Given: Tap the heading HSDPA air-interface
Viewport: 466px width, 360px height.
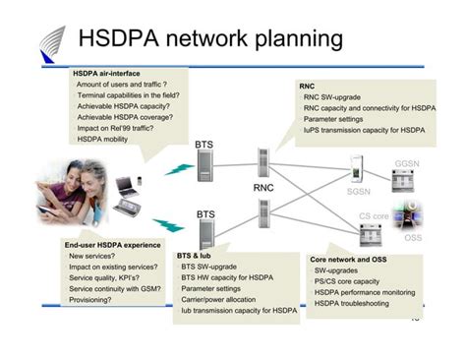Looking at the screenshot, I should click(106, 74).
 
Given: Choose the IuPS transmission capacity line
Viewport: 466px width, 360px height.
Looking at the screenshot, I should click(364, 130).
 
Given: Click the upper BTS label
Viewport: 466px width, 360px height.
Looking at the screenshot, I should click(204, 145).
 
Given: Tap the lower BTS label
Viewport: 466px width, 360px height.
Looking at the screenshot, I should click(204, 213).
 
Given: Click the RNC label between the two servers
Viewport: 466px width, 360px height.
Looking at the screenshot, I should click(263, 187).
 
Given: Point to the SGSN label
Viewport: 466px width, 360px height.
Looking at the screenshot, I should click(358, 193).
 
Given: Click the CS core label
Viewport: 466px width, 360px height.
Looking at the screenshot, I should click(374, 215).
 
